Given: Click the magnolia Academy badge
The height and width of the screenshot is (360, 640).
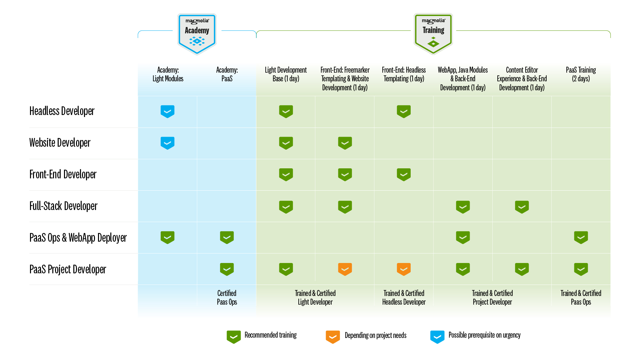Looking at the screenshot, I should click(x=197, y=34).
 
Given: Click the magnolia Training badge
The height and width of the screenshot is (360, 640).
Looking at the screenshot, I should click(x=433, y=34).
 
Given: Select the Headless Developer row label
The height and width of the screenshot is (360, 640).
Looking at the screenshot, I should click(x=62, y=111).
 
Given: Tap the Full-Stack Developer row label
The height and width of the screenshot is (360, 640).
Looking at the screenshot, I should click(x=63, y=206).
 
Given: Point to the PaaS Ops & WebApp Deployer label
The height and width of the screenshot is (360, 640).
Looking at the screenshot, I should click(x=78, y=238).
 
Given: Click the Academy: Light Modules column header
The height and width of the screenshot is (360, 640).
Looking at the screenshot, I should click(x=168, y=74).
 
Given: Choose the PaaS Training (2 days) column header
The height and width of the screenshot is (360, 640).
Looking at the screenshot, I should click(x=581, y=74).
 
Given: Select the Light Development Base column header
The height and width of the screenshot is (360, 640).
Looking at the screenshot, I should click(x=286, y=74).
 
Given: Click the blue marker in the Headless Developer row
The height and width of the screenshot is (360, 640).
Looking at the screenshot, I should click(x=167, y=111).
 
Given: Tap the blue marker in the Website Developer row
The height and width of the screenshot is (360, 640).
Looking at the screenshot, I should click(x=167, y=143).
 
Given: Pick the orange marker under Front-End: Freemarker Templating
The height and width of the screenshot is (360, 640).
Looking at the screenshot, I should click(x=345, y=269).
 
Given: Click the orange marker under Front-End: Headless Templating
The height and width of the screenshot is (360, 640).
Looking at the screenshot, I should click(x=404, y=269).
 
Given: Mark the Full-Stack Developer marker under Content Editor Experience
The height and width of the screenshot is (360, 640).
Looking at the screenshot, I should click(x=522, y=207).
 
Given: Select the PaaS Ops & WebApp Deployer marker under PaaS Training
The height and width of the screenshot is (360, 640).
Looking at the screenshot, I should click(x=581, y=237).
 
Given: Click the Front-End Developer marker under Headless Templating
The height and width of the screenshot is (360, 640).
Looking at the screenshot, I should click(x=404, y=174).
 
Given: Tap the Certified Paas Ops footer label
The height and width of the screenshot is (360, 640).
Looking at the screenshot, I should click(x=227, y=297).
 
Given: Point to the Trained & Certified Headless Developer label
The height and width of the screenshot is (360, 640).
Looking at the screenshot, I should click(x=404, y=297).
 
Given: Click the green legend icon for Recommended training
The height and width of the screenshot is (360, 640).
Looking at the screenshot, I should click(x=234, y=337).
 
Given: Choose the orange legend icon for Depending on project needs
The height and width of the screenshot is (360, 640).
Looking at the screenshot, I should click(x=333, y=337).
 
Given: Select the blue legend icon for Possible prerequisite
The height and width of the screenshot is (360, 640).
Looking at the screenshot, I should click(x=437, y=337).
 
